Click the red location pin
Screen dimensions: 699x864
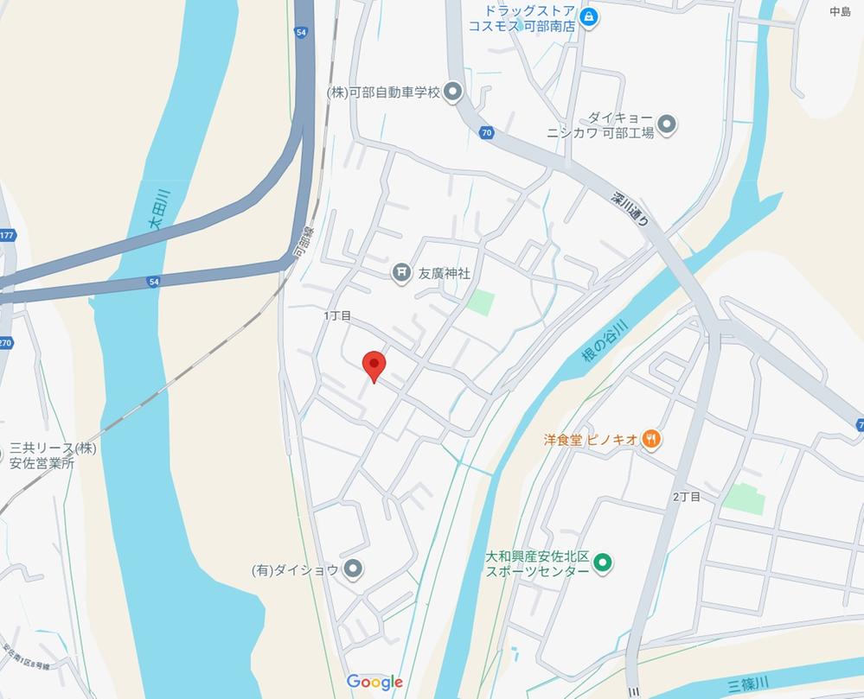coord(373,365)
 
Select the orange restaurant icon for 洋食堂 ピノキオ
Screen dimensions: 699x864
coord(652,439)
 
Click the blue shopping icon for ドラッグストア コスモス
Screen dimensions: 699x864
coord(589,17)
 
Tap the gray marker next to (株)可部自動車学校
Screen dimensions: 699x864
coord(452,92)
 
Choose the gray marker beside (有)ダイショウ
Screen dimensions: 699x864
coord(353,569)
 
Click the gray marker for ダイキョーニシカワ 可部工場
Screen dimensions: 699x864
coord(666,124)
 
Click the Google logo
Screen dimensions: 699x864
coord(375,682)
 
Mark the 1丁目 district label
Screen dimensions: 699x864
coord(337,316)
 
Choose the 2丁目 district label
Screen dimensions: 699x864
coord(686,497)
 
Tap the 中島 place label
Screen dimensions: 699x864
coord(840,11)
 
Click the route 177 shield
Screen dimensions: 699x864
coord(7,235)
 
